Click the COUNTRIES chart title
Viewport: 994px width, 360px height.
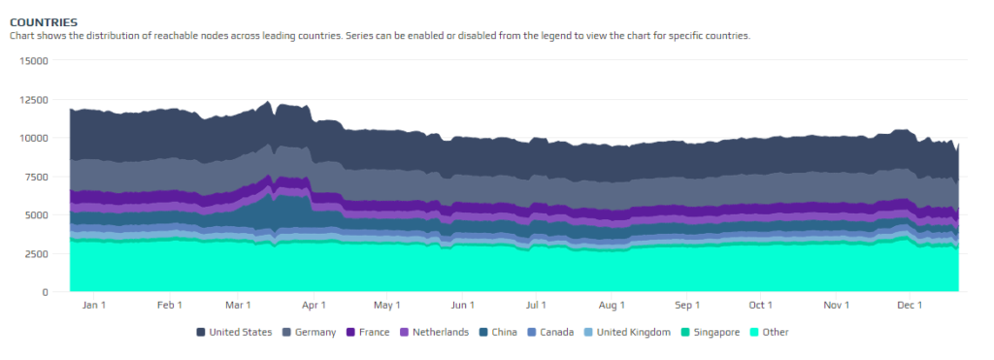44,21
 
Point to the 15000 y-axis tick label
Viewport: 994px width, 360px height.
34,60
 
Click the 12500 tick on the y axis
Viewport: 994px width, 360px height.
34,99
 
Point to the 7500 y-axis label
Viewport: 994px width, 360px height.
37,176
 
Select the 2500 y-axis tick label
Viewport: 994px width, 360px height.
37,253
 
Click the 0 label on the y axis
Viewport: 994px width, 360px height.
45,292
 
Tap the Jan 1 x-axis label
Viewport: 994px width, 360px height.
94,306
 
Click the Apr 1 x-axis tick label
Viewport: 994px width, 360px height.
313,306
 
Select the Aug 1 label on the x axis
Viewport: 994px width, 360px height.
613,306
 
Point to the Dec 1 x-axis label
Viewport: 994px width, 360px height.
910,306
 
